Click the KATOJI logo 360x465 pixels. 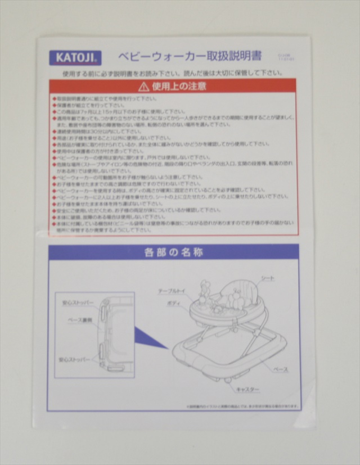click(x=75, y=57)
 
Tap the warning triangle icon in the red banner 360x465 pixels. click(x=144, y=87)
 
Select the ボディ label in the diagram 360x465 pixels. click(x=174, y=303)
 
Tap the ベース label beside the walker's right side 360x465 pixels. click(x=281, y=369)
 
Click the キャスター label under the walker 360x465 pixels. click(x=247, y=389)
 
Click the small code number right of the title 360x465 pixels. click(x=286, y=57)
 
